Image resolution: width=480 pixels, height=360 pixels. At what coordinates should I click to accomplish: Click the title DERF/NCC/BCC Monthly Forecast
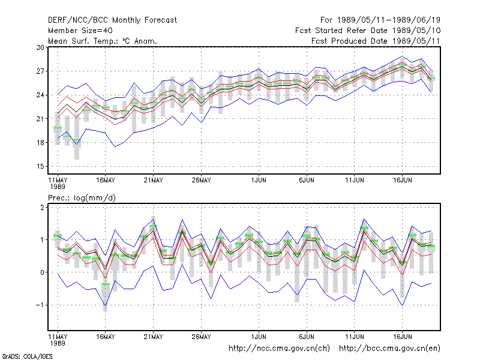[112, 20]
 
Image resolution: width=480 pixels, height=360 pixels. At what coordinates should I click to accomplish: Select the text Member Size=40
[80, 31]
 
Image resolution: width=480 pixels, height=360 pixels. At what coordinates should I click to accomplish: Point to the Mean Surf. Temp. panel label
[102, 41]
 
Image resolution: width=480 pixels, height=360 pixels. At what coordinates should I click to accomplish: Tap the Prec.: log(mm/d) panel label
[82, 198]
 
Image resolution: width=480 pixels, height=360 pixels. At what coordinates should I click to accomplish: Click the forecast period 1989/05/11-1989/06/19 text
[380, 20]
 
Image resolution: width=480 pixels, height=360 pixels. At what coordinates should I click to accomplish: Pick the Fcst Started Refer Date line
[368, 31]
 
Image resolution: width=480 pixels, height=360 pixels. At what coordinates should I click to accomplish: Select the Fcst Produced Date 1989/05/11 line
[376, 41]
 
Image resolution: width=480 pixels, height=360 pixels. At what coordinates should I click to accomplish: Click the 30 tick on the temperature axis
[40, 47]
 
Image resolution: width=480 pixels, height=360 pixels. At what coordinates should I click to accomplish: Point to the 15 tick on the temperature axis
[40, 167]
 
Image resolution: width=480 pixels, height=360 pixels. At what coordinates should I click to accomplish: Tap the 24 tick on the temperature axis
[40, 95]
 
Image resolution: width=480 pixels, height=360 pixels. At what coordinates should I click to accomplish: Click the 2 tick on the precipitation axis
[42, 208]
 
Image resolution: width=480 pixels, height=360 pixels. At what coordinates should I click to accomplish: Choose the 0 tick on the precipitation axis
[42, 272]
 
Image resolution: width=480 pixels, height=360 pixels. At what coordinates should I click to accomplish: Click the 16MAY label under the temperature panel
[106, 180]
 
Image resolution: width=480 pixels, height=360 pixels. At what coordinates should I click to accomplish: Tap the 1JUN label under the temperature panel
[259, 180]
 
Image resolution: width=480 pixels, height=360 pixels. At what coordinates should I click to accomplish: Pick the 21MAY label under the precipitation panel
[154, 337]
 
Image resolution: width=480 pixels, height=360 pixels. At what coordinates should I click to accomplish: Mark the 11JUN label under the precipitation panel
[355, 337]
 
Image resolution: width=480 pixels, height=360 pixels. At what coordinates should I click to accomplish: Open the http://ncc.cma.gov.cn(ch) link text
[279, 349]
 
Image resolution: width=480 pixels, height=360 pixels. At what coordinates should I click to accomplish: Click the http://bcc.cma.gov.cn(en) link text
[389, 349]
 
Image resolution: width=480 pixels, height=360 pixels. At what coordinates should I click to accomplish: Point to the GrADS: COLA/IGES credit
[27, 356]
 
